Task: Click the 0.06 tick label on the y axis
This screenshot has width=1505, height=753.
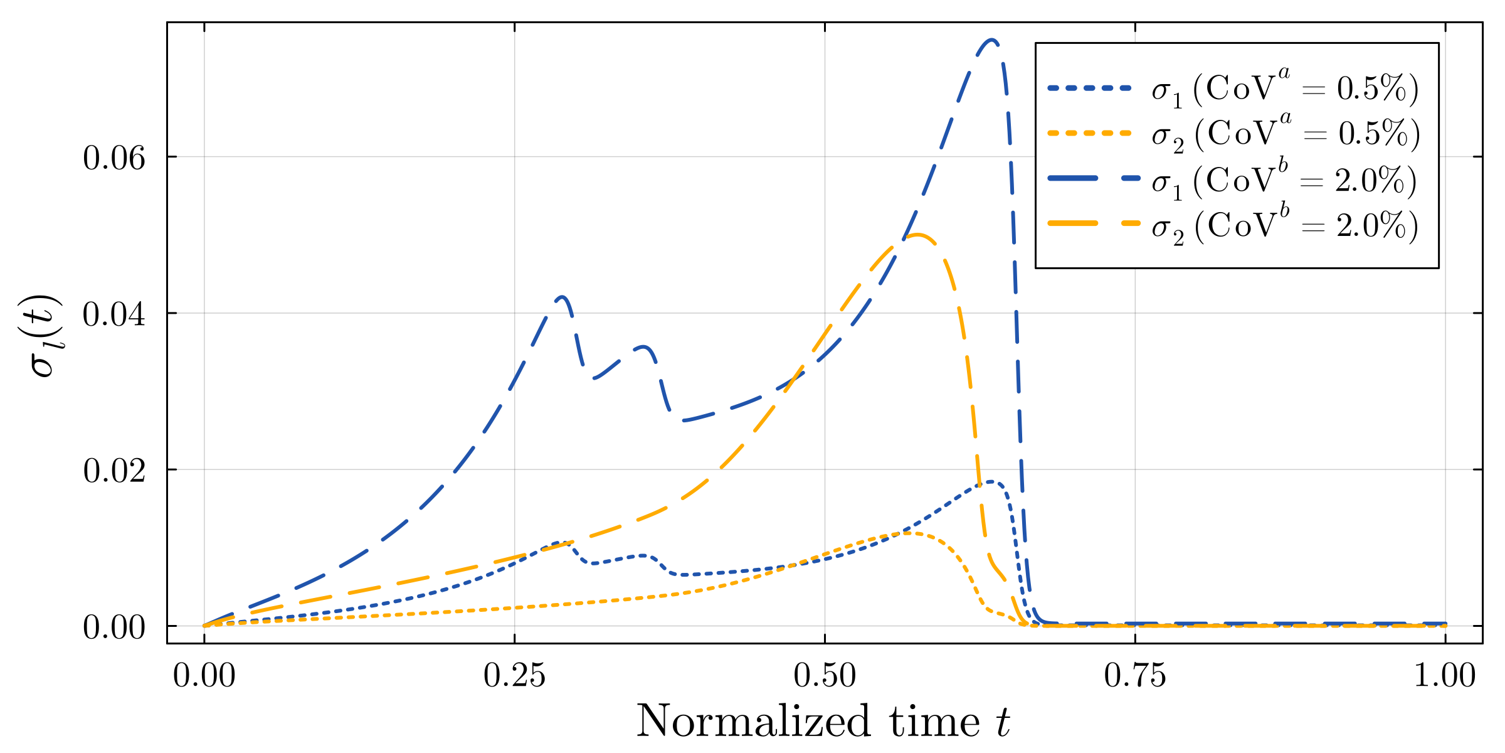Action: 114,158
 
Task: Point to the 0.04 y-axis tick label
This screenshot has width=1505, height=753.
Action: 114,314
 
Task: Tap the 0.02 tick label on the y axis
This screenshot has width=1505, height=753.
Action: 114,471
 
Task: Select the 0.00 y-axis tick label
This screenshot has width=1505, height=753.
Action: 114,627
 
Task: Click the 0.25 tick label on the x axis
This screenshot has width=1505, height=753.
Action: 514,676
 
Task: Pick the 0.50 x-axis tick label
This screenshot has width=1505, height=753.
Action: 825,676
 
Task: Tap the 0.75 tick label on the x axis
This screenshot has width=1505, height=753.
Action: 1135,676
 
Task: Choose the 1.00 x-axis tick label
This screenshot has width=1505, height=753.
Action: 1445,676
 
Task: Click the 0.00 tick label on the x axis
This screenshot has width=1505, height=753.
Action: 204,676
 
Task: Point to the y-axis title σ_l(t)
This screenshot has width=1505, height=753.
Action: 45,335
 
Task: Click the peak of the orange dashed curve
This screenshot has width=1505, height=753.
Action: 917,235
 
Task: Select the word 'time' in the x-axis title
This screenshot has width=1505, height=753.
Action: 934,722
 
